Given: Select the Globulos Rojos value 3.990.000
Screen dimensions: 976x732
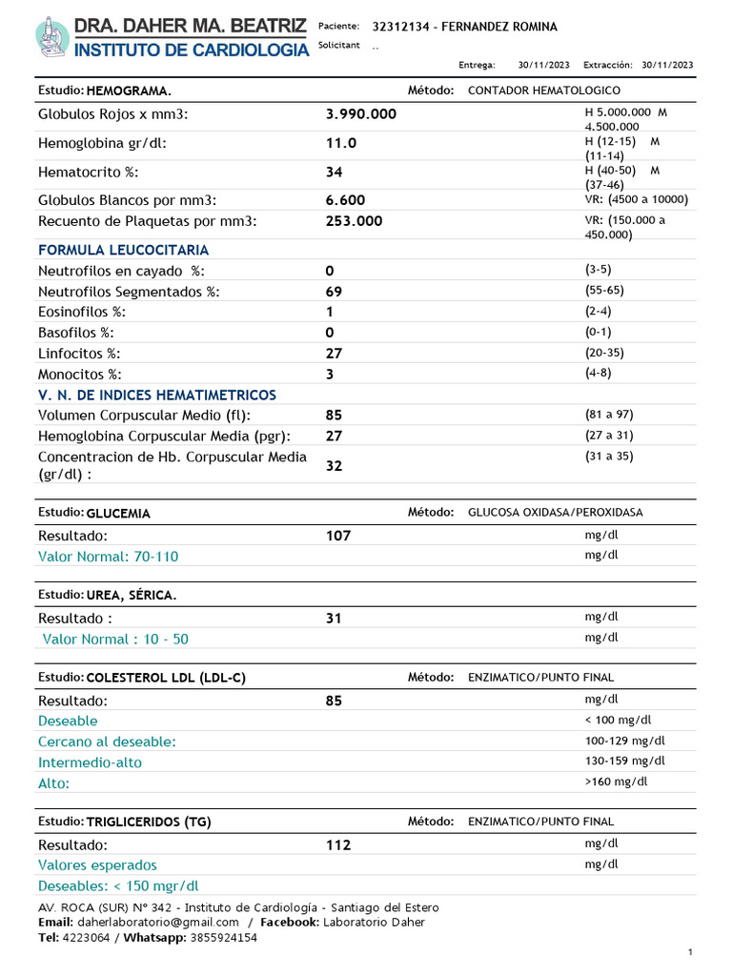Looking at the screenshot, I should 360,114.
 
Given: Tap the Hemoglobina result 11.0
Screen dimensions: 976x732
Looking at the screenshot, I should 340,143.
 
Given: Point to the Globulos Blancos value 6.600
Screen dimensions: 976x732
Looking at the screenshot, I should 345,200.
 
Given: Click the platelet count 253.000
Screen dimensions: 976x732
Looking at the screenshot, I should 354,221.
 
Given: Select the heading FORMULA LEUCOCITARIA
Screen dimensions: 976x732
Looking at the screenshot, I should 123,250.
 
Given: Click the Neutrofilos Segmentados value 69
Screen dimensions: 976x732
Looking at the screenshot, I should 334,292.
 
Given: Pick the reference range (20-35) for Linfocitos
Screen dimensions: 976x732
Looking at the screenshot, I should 604,353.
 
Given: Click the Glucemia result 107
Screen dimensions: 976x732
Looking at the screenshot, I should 338,536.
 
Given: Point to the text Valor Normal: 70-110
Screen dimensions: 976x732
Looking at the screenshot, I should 108,557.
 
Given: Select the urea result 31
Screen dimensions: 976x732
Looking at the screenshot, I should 334,619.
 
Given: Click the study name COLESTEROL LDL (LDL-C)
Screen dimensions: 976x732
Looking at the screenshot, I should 166,678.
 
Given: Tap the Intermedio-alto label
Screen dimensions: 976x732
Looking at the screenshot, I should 90,762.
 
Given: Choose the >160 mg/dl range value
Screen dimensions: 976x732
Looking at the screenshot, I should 616,782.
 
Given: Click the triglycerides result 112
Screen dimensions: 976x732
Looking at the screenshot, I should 338,845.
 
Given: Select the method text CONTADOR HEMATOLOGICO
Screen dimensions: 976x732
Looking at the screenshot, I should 543,91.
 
